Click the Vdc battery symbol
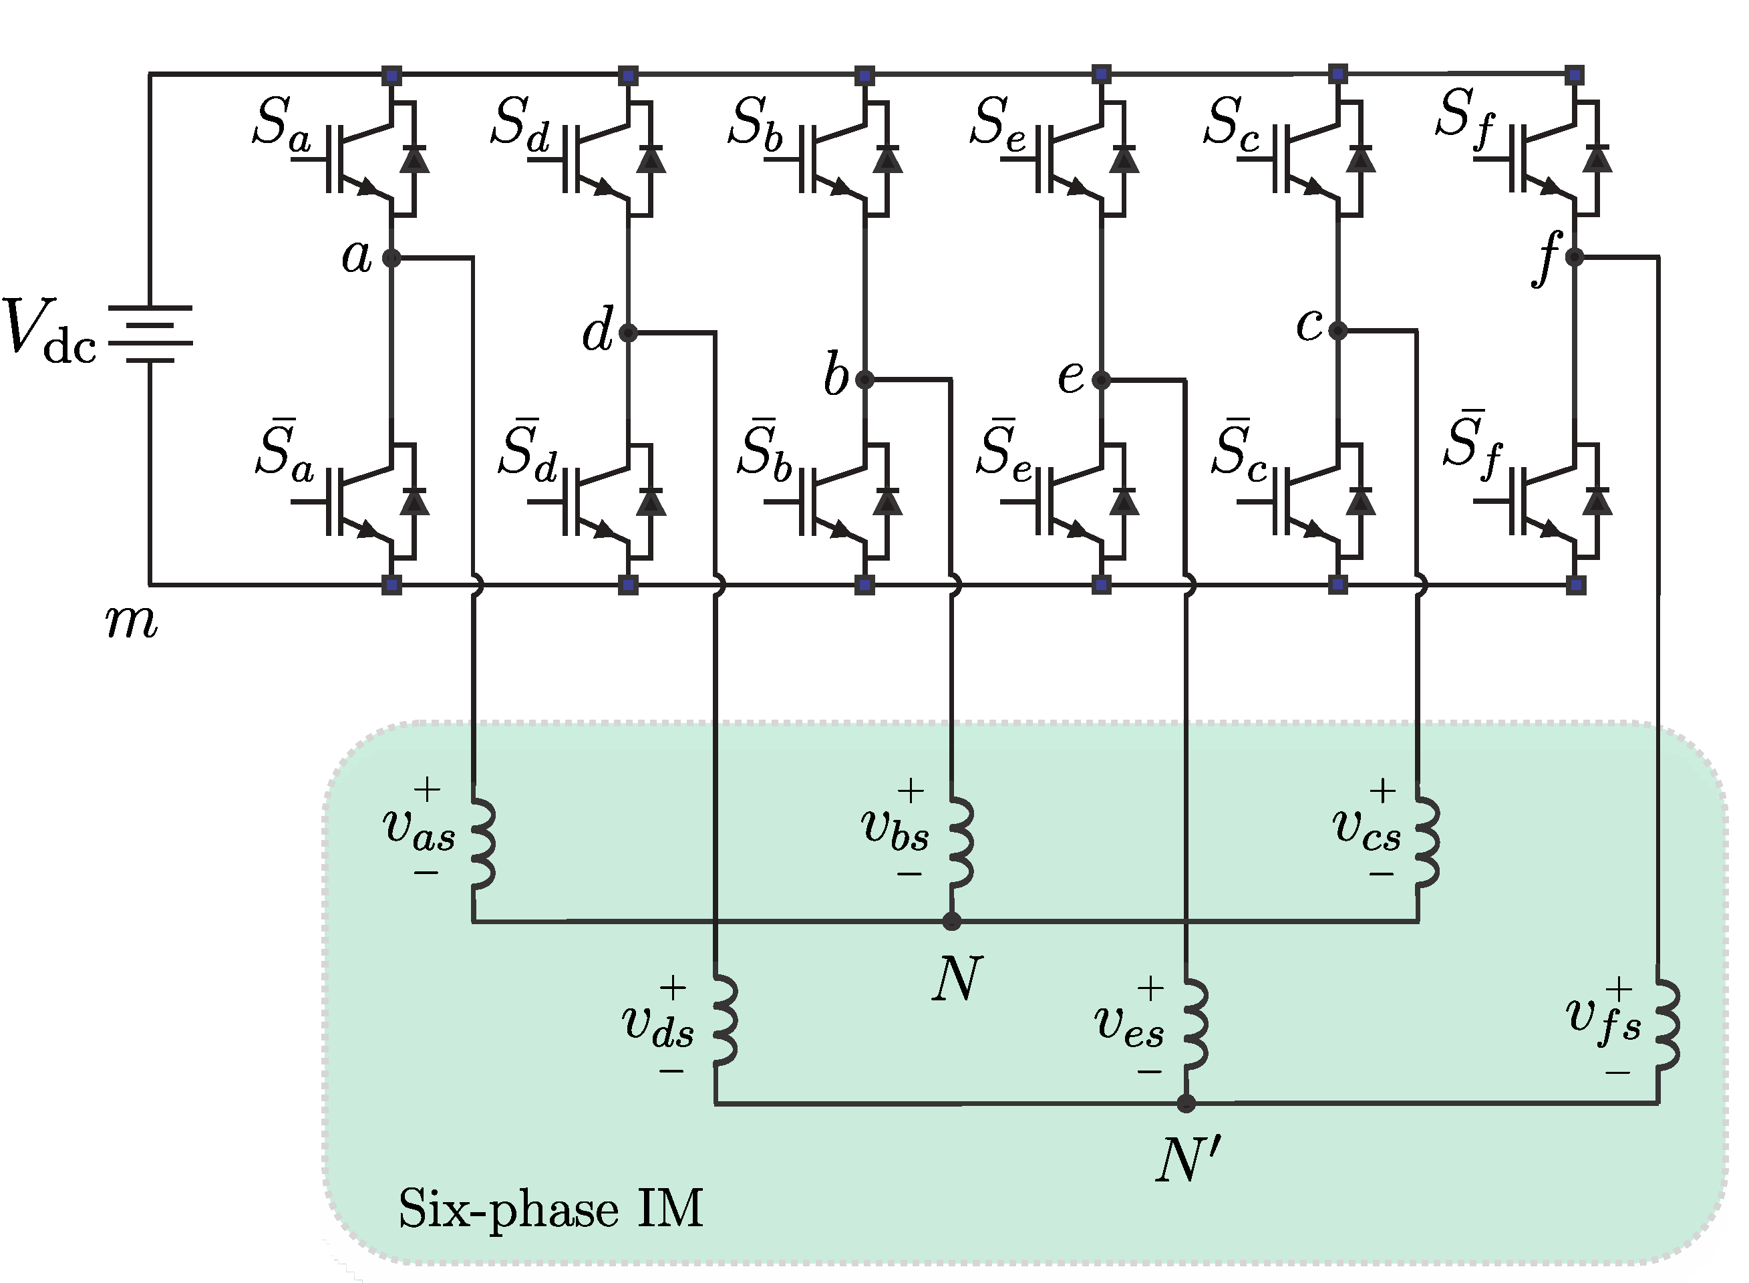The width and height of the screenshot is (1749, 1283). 150,334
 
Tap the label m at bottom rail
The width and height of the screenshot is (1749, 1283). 131,622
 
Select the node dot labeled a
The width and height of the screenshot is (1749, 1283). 392,257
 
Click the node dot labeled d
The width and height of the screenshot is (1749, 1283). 629,333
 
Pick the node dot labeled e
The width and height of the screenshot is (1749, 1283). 1101,380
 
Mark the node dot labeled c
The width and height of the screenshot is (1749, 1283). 1337,331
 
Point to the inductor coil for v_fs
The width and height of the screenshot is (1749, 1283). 1667,1025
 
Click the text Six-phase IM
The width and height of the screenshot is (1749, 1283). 550,1209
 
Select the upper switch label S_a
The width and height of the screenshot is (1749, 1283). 282,124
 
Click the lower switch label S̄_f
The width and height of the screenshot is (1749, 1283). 1472,446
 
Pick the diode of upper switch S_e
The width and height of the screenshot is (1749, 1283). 1123,159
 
